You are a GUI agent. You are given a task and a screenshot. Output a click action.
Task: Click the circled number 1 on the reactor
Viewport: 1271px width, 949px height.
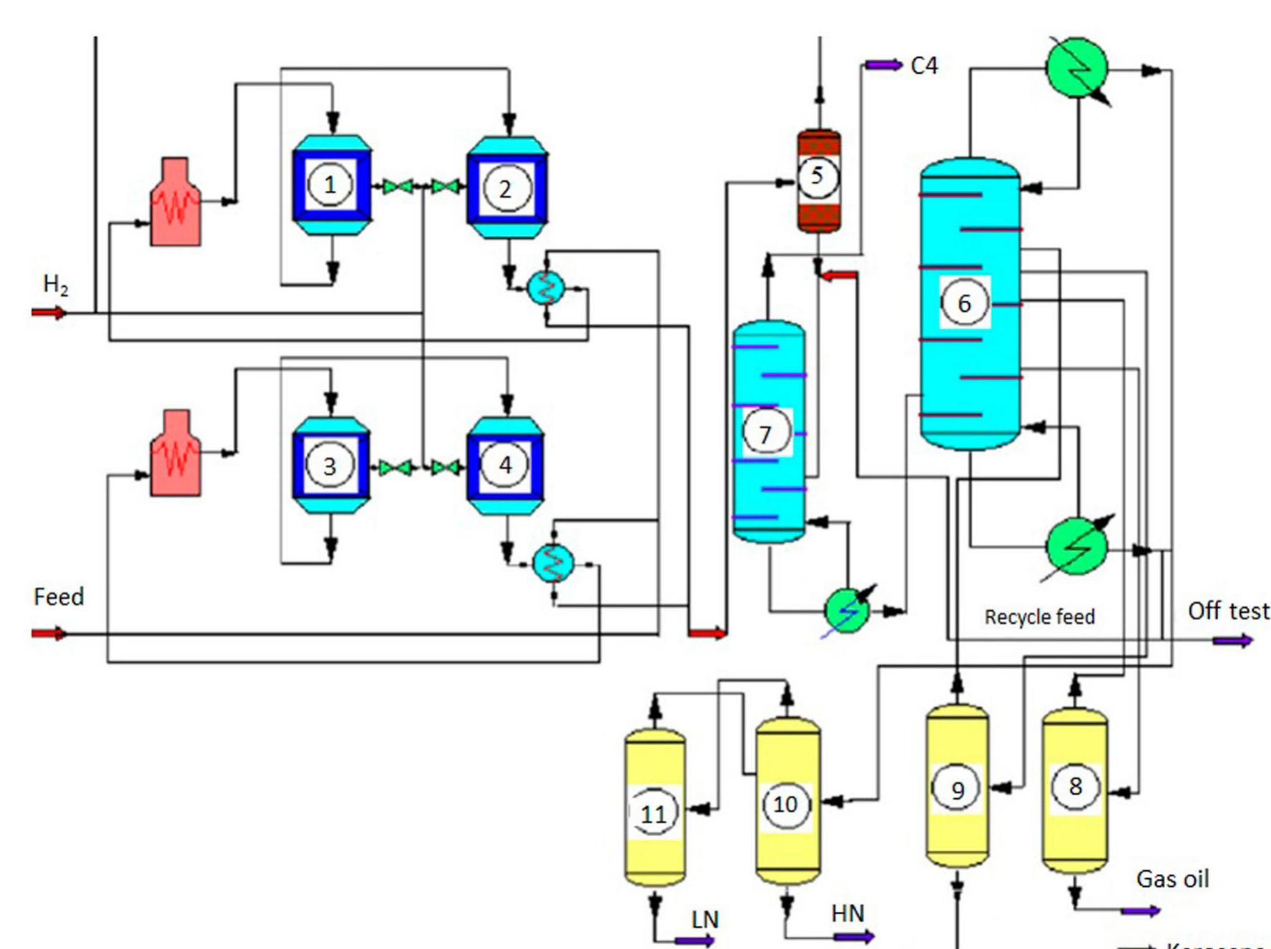point(329,185)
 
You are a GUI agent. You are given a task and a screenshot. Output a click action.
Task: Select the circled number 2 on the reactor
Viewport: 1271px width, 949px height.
point(506,189)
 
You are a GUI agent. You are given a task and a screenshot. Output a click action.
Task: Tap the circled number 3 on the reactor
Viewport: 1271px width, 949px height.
point(329,466)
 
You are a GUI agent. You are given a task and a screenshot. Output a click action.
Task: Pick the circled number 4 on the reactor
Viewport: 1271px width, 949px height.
point(505,465)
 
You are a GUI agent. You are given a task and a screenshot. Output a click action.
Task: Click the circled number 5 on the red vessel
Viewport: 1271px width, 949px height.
point(818,176)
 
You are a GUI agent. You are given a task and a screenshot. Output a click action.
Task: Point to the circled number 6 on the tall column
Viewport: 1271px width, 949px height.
point(964,303)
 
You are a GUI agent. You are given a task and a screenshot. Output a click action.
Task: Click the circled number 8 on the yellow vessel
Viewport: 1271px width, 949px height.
point(1074,787)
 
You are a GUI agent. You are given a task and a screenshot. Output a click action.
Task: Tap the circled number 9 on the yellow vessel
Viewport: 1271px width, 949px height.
point(957,790)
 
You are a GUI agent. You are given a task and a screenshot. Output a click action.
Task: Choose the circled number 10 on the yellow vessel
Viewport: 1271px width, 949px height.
point(785,805)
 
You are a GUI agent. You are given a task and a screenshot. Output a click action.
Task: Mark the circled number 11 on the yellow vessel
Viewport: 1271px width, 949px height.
point(653,814)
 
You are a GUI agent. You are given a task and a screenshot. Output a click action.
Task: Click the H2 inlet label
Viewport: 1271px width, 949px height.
point(56,285)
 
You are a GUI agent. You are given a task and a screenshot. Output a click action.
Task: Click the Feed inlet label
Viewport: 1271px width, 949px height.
point(59,596)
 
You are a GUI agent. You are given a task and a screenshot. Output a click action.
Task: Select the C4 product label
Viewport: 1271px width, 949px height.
point(924,66)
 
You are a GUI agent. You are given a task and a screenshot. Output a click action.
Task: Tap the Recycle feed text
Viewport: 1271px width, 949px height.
point(1039,616)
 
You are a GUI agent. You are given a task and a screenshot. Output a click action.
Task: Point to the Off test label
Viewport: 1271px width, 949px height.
point(1228,611)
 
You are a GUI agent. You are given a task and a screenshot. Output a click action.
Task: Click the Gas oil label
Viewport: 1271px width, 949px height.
point(1172,878)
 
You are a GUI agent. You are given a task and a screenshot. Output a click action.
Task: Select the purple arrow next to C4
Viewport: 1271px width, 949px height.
point(883,65)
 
